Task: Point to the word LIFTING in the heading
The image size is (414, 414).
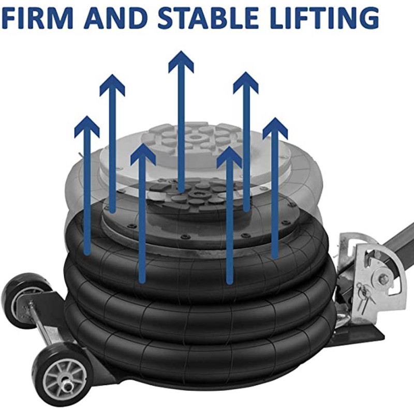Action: [324, 18]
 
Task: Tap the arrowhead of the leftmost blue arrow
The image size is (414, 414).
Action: [87, 126]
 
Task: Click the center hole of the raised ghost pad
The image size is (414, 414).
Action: [195, 137]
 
